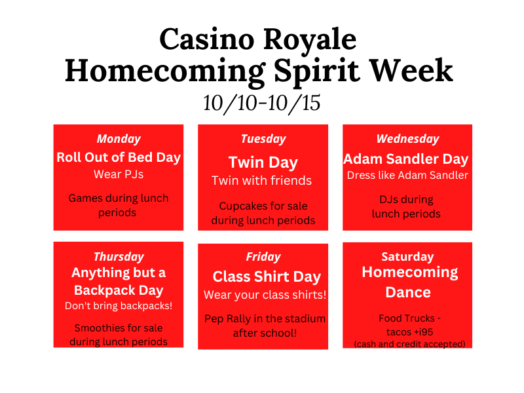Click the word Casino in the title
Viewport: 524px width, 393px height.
(207, 39)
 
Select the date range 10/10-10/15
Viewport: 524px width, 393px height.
(261, 103)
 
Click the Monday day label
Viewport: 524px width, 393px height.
(119, 139)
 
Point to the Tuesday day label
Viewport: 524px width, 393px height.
(263, 139)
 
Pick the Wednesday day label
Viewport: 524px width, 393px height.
(407, 139)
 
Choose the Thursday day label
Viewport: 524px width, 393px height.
(119, 257)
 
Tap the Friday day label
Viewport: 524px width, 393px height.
(263, 257)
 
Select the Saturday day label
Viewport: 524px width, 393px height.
(407, 257)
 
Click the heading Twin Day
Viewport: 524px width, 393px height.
(263, 163)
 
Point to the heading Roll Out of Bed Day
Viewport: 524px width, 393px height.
(119, 157)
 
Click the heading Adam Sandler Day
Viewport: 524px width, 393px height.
(406, 159)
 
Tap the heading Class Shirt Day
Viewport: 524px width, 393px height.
(267, 277)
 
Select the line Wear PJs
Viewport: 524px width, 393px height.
(119, 174)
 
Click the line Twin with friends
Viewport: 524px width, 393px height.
(261, 181)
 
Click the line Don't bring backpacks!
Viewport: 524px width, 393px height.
(119, 306)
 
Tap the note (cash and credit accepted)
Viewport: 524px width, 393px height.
(410, 345)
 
